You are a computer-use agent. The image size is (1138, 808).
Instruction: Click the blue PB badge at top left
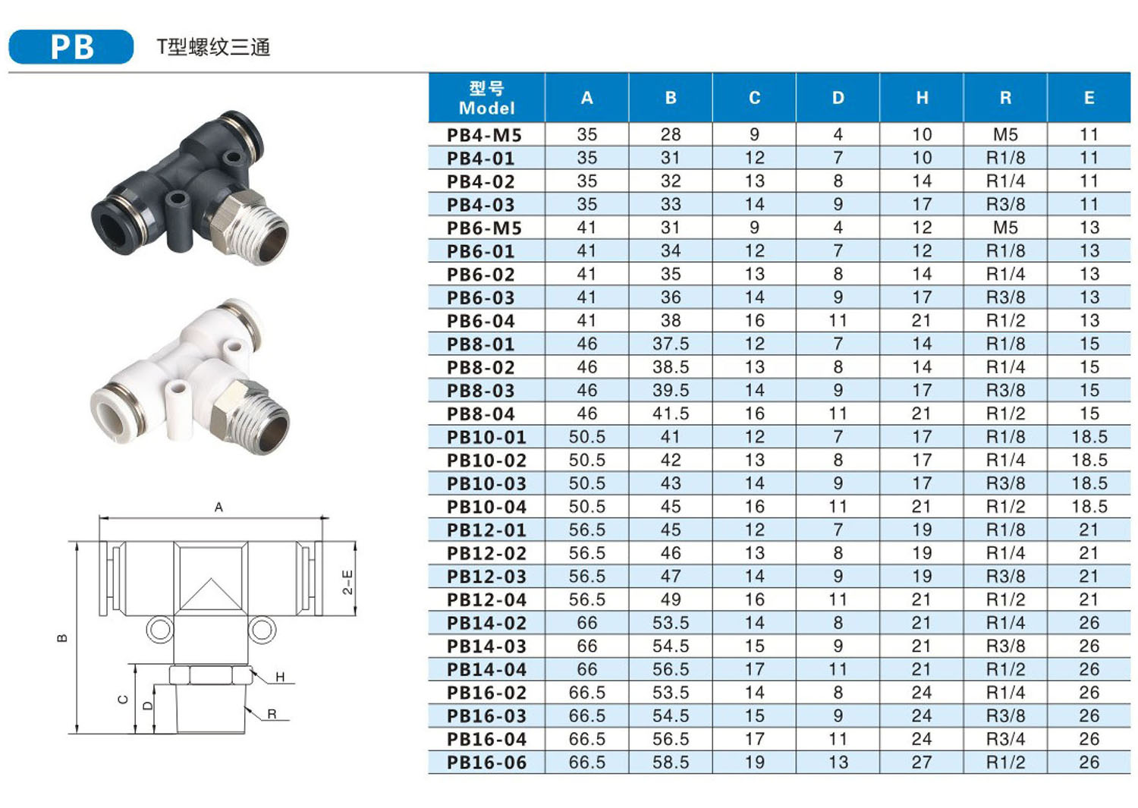point(71,47)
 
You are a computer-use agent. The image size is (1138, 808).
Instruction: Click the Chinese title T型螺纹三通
point(213,47)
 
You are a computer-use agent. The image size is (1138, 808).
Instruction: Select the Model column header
point(487,98)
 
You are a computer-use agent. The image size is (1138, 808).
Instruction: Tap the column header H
point(922,98)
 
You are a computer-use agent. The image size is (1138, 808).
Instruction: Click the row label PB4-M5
point(484,135)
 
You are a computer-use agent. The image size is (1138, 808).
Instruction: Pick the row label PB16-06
point(487,762)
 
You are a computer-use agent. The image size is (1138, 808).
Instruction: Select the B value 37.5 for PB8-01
point(671,344)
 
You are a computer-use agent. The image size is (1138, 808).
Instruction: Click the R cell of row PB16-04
point(1005,740)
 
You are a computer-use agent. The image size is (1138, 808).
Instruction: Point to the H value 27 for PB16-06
point(922,762)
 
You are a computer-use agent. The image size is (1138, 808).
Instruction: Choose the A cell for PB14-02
point(586,623)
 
